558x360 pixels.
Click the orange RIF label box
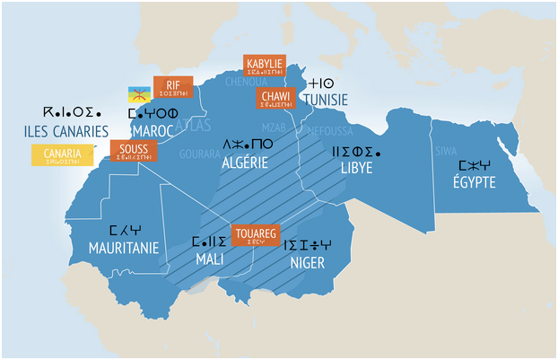173,87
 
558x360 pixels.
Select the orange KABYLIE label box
265,66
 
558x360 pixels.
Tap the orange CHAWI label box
274,99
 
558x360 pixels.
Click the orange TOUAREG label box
256,235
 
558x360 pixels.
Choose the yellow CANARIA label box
62,155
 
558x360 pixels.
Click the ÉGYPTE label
475,183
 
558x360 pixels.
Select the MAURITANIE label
125,247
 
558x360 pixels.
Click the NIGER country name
307,263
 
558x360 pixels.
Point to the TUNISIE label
325,101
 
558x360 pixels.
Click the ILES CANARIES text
66,131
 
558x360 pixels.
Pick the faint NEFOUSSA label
330,129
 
